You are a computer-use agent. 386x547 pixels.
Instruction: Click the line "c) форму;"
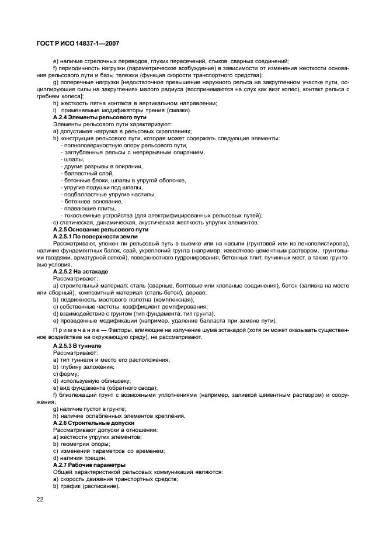(x=64, y=374)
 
